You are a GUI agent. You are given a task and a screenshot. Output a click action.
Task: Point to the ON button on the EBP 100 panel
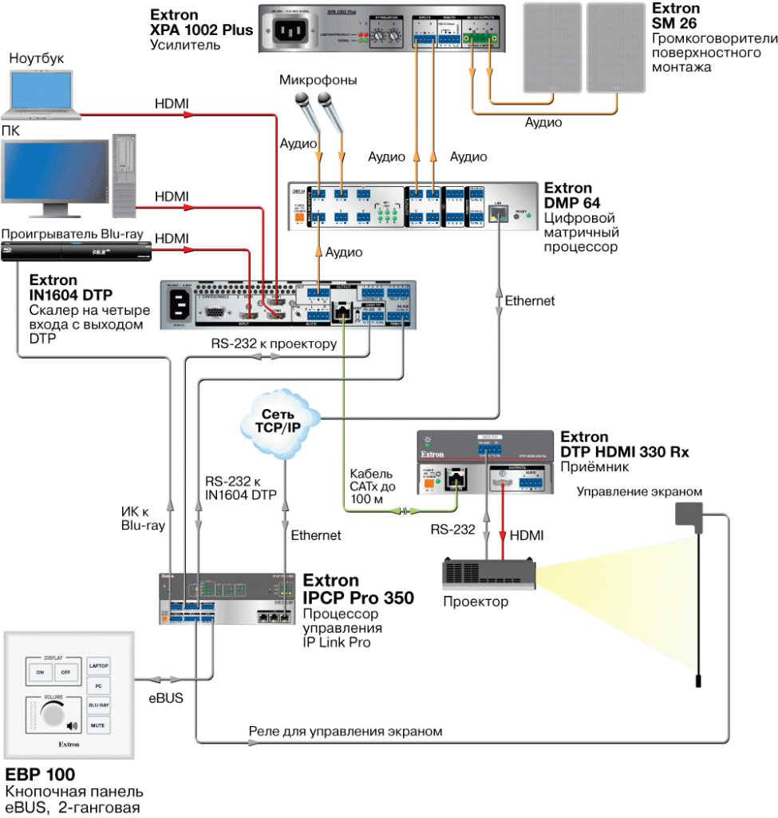pos(40,673)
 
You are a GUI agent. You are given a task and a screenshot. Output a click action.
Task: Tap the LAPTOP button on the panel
pos(98,665)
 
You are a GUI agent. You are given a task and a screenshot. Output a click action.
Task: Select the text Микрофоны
pos(318,80)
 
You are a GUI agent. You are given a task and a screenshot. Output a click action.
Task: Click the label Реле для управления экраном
pos(346,731)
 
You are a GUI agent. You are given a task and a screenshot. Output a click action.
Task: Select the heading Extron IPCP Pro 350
pos(358,589)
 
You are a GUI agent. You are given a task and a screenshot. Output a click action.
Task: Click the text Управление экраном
pos(640,491)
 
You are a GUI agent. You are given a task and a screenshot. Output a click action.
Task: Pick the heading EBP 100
pos(40,774)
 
